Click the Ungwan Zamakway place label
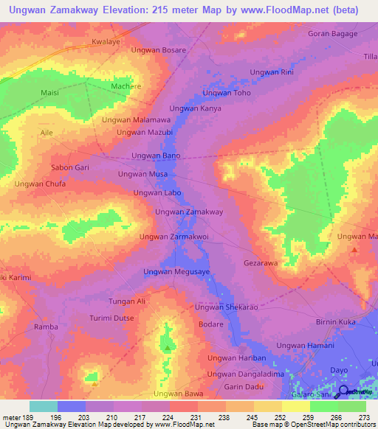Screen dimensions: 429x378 pyautogui.click(x=188, y=212)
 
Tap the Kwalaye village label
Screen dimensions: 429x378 pyautogui.click(x=106, y=42)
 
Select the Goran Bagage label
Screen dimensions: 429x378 pyautogui.click(x=332, y=34)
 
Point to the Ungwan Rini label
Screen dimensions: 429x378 pyautogui.click(x=272, y=71)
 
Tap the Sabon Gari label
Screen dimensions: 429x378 pyautogui.click(x=70, y=167)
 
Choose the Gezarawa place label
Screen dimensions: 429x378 pyautogui.click(x=260, y=262)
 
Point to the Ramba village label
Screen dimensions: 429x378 pyautogui.click(x=46, y=327)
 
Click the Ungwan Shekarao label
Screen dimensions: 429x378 pyautogui.click(x=226, y=307)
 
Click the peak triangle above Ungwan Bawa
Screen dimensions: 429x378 pyautogui.click(x=168, y=347)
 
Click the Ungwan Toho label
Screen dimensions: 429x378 pyautogui.click(x=227, y=93)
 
